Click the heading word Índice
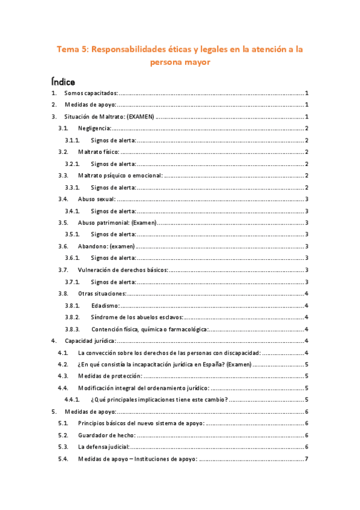(x=63, y=80)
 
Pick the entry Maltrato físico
(x=99, y=152)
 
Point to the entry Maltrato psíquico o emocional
(x=120, y=176)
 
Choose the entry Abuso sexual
(x=97, y=199)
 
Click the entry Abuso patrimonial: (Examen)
(x=117, y=223)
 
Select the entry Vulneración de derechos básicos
(x=123, y=270)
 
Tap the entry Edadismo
(x=105, y=306)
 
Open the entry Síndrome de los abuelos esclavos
(x=138, y=317)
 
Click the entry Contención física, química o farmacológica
(x=150, y=329)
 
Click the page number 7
(x=307, y=459)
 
